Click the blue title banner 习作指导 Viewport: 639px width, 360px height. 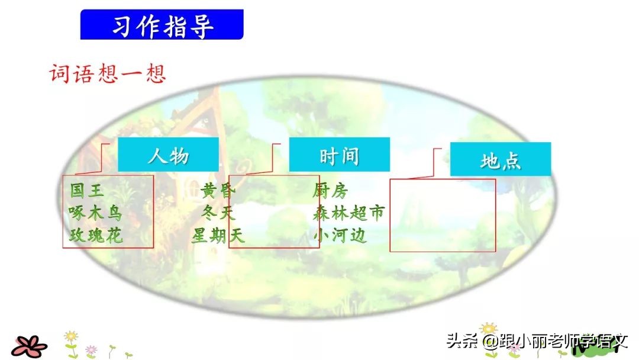click(162, 25)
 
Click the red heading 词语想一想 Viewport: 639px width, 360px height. click(107, 74)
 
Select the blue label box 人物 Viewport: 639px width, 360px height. click(168, 155)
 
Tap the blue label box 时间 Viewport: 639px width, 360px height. click(339, 155)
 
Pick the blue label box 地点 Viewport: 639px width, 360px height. click(500, 160)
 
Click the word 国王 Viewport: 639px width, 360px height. click(86, 191)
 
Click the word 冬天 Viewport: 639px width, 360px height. click(218, 213)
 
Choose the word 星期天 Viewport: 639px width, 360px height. click(217, 236)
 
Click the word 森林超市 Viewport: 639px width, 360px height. click(348, 213)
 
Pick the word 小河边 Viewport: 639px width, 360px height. click(340, 236)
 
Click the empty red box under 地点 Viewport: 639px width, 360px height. click(443, 214)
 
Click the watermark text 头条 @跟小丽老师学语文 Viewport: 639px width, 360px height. click(536, 342)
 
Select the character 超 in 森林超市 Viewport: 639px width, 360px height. click(358, 213)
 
